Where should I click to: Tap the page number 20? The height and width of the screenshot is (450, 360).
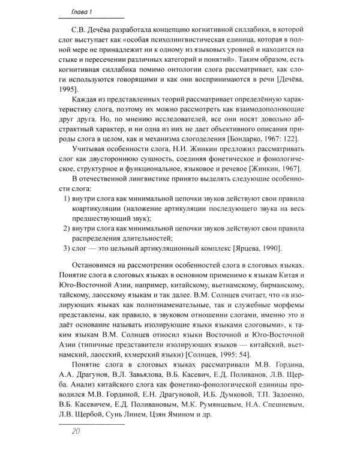click(75, 430)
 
